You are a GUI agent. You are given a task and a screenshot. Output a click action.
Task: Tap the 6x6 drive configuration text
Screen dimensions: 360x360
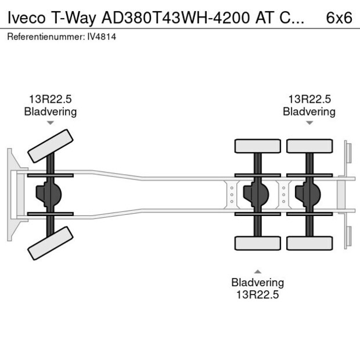(339, 17)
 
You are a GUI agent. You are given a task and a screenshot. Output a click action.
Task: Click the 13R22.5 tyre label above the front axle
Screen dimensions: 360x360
(51, 100)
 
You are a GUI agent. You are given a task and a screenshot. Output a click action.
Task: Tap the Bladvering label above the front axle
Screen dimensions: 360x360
(51, 111)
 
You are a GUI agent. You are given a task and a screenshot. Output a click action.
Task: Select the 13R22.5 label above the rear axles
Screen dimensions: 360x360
(309, 100)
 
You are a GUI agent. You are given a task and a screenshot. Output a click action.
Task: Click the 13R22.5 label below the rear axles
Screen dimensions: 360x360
(258, 294)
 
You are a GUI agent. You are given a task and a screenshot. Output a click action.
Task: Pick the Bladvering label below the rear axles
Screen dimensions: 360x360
(258, 283)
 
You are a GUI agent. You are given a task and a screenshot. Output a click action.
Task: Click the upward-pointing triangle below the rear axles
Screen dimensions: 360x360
(258, 271)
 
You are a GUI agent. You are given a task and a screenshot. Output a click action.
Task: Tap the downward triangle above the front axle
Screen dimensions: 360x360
(51, 123)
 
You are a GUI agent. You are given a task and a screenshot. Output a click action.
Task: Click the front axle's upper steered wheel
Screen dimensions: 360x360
(51, 146)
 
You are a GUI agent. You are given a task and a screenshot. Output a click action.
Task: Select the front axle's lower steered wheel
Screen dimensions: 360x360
(51, 243)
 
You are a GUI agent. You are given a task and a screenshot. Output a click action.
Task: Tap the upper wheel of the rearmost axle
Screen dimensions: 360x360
(309, 146)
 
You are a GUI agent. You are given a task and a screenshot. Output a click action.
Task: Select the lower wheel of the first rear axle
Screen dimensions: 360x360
(258, 243)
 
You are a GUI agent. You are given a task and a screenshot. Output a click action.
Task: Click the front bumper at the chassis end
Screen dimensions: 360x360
(12, 195)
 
